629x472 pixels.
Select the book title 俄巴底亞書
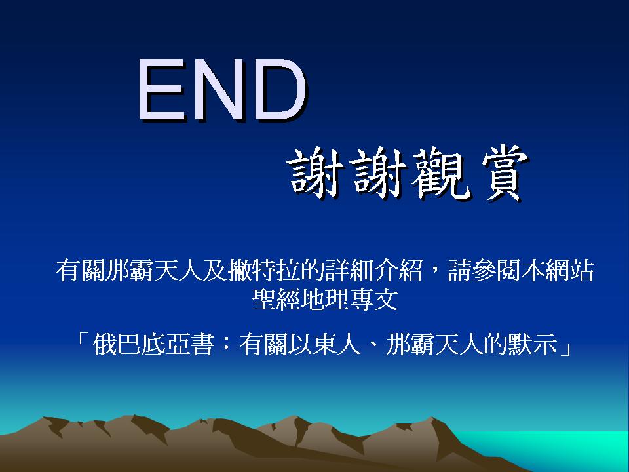[153, 344]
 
